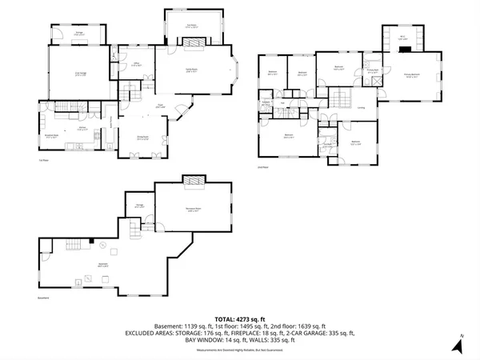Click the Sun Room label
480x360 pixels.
[192, 26]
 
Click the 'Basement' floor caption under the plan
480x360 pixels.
[44, 298]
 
